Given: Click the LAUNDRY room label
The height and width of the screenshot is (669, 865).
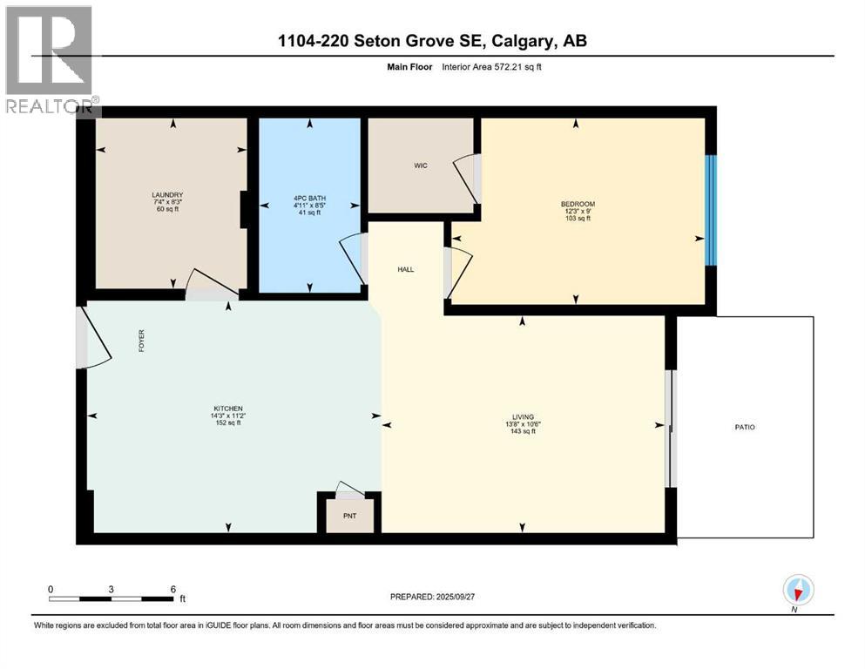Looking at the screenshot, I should (x=166, y=194).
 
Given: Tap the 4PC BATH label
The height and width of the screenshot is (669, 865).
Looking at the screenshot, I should (x=309, y=199).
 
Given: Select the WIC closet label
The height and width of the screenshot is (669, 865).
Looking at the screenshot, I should (x=420, y=166).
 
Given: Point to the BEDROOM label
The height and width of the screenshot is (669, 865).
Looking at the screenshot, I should (x=578, y=203).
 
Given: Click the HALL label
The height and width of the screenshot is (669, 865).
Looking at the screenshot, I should (x=405, y=269).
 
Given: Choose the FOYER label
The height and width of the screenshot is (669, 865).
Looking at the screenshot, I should (x=141, y=340).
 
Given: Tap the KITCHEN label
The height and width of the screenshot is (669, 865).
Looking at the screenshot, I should (x=228, y=409).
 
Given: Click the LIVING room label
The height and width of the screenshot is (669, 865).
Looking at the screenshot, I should (x=523, y=416).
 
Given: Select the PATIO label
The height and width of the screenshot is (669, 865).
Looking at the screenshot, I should (x=744, y=427).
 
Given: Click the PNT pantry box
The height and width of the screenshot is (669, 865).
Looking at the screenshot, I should (x=348, y=515).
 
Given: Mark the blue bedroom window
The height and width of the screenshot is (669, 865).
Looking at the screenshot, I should (x=711, y=210).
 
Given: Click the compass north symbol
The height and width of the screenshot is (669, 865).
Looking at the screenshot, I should (x=797, y=591).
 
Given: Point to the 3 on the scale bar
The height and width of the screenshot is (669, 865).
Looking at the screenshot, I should (x=112, y=589).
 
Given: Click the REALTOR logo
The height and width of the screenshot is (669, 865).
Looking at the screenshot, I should (x=50, y=60).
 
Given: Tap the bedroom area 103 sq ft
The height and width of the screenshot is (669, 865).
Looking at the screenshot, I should (x=578, y=219).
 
